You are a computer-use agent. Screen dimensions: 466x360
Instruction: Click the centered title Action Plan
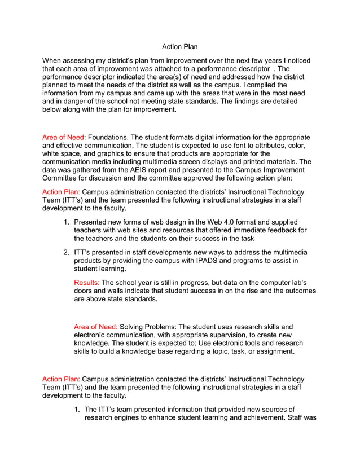[179, 46]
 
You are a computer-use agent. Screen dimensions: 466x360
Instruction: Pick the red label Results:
[87, 282]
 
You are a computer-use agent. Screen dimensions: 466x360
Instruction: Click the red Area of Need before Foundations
[63, 137]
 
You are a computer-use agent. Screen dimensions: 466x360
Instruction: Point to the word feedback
[280, 230]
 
